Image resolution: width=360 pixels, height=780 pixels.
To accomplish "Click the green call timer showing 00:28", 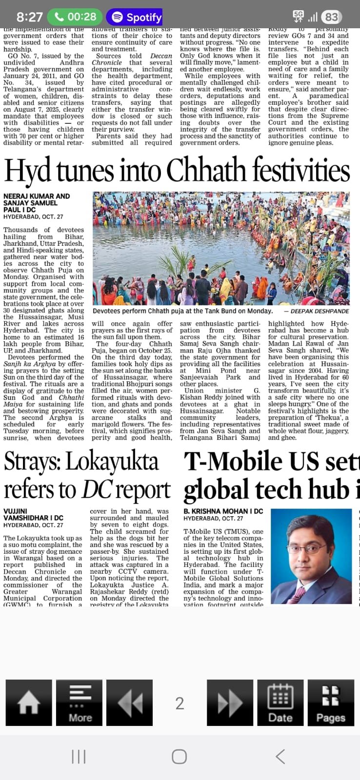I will coord(75,17).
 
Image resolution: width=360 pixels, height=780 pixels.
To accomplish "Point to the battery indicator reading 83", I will coord(331,17).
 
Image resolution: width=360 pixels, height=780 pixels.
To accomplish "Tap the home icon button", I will coord(29,702).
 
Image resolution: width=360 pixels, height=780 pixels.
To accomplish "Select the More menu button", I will coord(80,702).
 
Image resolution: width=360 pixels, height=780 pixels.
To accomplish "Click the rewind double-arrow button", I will coord(129,702).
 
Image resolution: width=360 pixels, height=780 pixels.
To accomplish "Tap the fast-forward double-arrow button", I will coord(230,702).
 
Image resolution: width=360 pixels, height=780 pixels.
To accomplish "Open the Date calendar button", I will coord(280,702).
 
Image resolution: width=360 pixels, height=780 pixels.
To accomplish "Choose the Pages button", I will coord(331,702).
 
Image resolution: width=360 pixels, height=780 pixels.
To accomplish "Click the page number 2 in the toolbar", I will coord(180,703).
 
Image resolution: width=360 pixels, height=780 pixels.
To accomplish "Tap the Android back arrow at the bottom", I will coord(280,757).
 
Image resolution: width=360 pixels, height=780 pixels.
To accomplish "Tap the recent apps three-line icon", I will coord(79,757).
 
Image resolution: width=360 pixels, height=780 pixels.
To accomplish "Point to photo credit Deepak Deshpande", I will coord(320,311).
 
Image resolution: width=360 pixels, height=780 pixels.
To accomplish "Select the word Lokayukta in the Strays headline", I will coord(112,462).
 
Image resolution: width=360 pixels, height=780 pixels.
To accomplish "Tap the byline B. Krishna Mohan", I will coord(223,511).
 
